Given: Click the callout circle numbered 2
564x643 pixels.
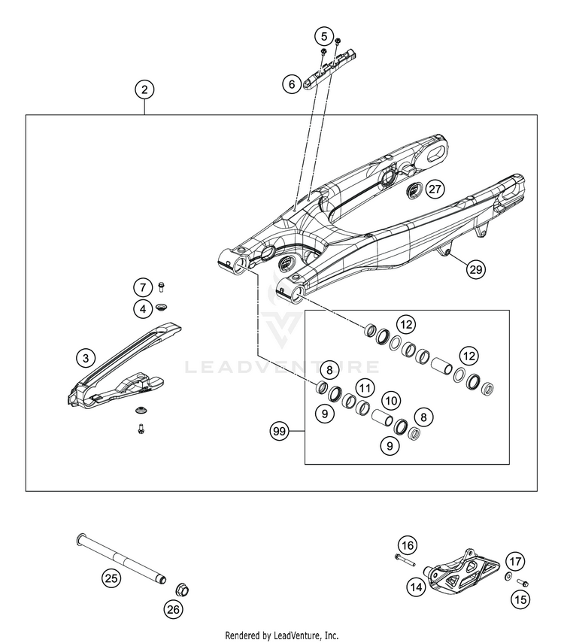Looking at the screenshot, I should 145,89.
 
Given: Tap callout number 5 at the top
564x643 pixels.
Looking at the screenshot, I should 324,35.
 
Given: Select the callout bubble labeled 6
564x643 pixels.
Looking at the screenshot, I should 291,84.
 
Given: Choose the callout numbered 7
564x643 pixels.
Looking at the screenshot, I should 142,287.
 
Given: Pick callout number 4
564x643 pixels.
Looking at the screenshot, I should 142,308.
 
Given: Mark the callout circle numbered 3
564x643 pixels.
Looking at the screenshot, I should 86,358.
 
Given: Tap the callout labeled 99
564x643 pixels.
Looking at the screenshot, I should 280,432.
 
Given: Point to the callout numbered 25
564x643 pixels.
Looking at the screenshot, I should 111,578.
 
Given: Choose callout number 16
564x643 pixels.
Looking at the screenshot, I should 407,545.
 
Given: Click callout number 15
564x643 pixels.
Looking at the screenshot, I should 520,599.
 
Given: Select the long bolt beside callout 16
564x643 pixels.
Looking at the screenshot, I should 406,560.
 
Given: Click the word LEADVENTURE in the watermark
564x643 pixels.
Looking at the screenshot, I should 282,368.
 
